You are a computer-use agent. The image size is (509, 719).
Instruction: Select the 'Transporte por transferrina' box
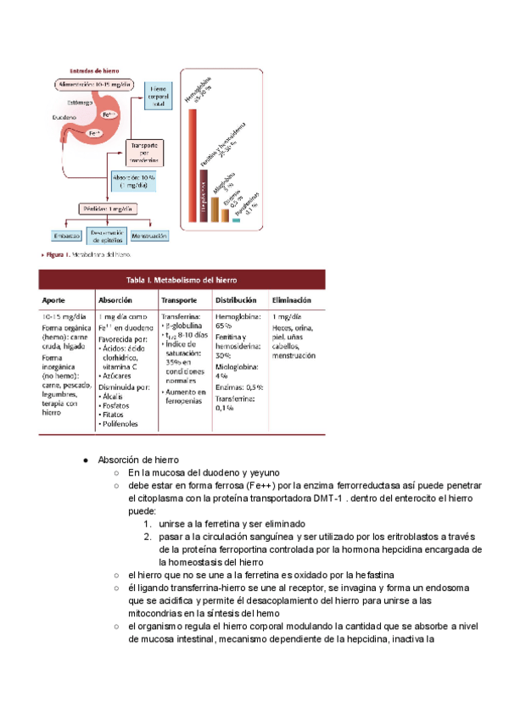[145, 152]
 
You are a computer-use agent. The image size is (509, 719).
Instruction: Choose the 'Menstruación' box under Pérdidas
[149, 235]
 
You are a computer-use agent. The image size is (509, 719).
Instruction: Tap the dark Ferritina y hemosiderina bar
[204, 196]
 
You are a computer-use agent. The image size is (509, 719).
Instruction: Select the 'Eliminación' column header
[291, 300]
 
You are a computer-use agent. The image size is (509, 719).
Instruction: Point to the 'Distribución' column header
[237, 300]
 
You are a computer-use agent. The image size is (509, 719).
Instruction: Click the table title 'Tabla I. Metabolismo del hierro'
[182, 280]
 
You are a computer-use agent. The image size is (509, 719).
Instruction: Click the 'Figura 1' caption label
[56, 254]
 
